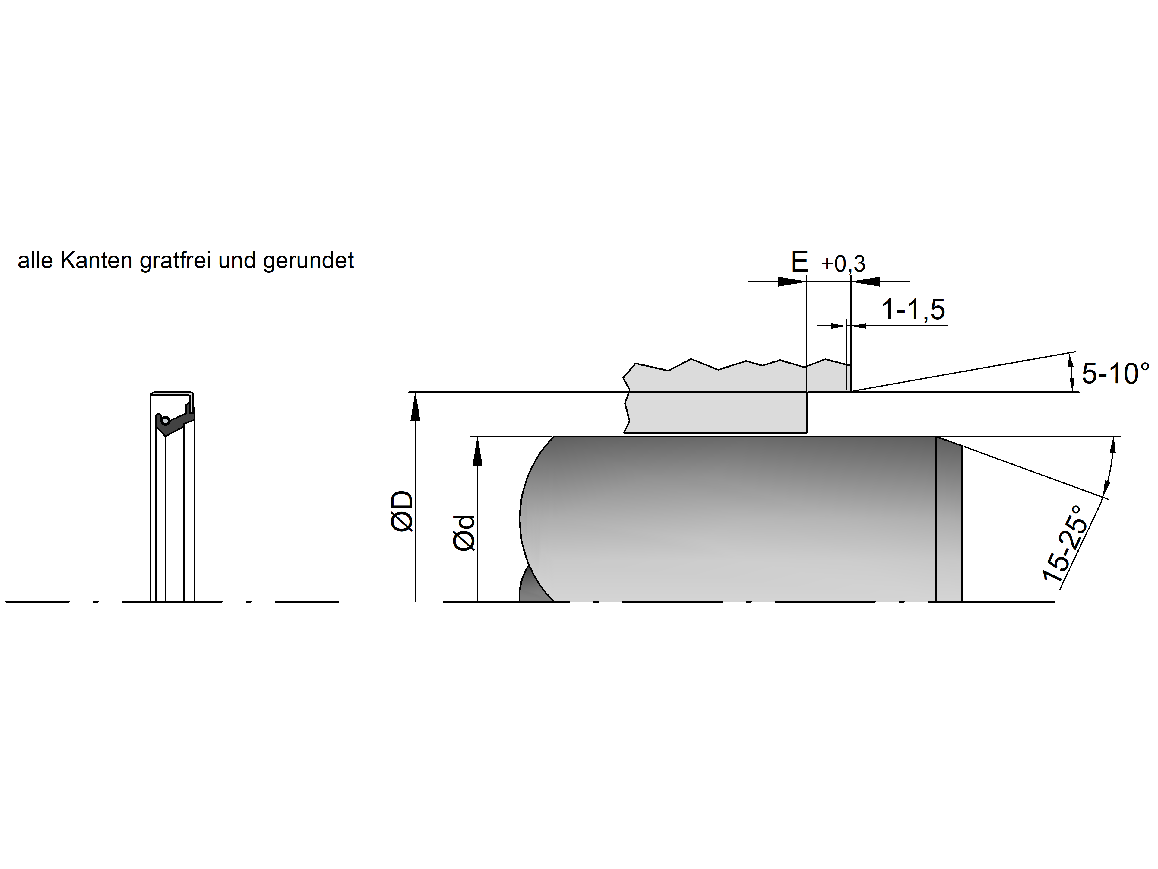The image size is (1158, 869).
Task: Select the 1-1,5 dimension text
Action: tap(913, 310)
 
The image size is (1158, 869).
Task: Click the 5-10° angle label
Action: tap(1115, 374)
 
